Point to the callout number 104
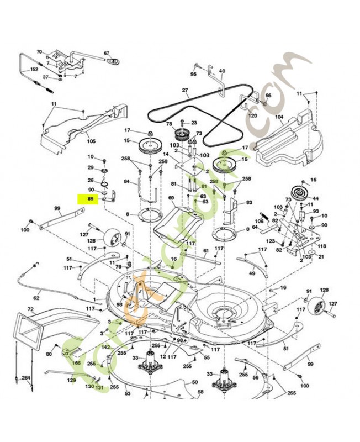tap(279, 117)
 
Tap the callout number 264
tap(25, 378)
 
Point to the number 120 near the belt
tap(252, 116)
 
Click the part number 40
tap(223, 71)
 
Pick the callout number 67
tap(107, 53)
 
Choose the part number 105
tap(91, 141)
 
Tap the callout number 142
tap(105, 347)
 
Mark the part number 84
tap(126, 181)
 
